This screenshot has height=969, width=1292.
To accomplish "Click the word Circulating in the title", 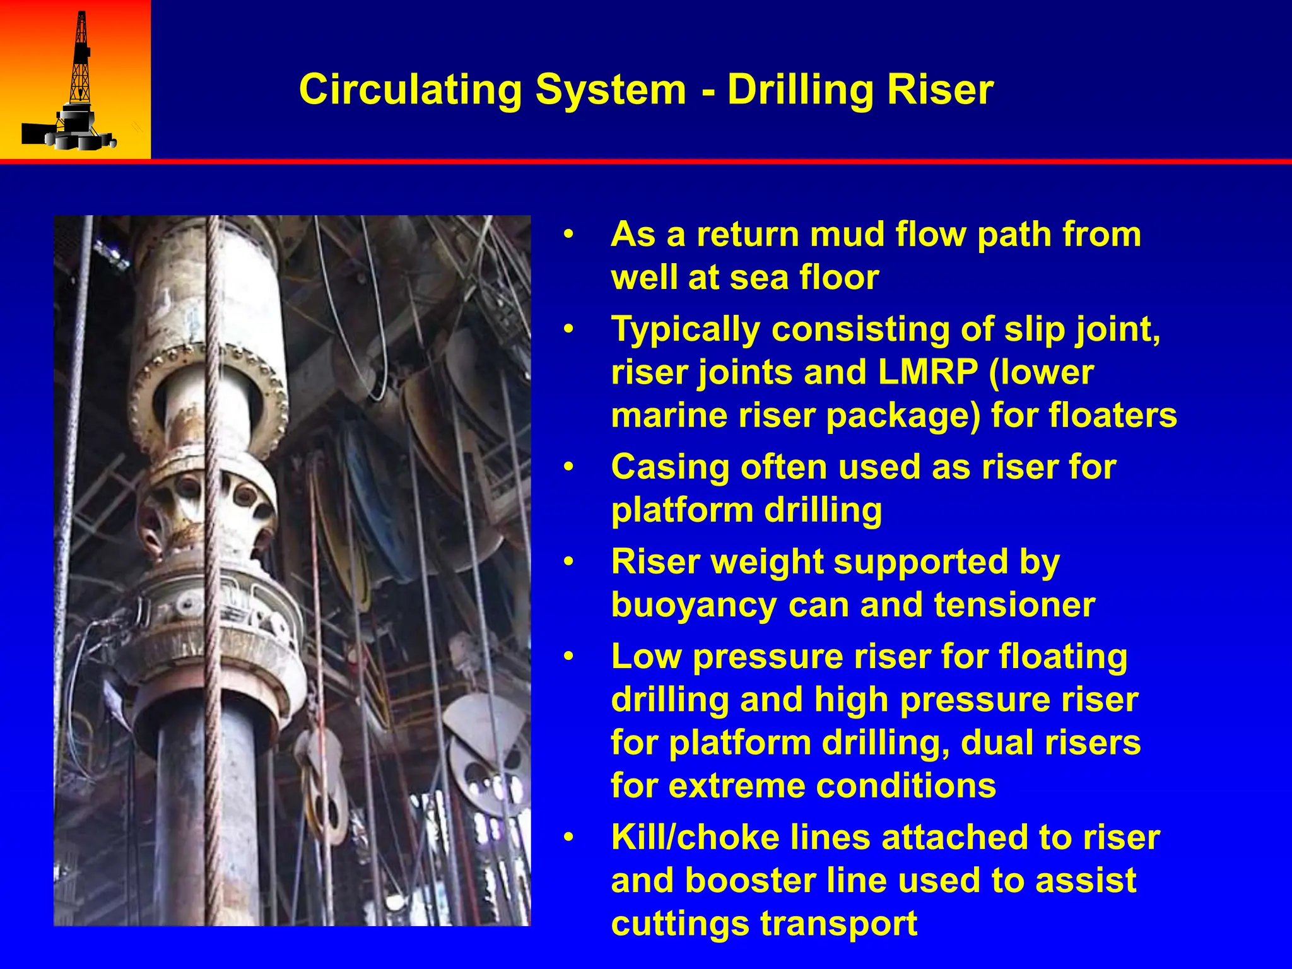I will (x=410, y=90).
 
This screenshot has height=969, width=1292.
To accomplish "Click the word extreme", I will (x=728, y=786).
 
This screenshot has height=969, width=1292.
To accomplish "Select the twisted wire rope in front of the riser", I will (x=213, y=568).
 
